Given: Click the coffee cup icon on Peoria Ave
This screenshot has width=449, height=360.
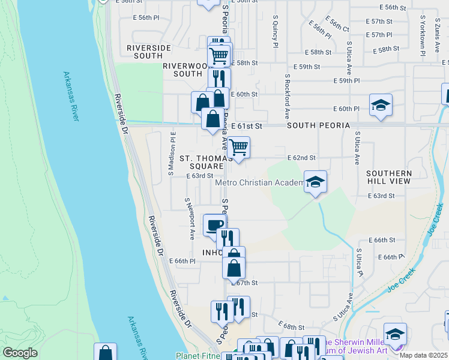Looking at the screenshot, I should click(215, 225).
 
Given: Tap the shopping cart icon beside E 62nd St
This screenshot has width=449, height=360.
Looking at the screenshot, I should click(239, 147).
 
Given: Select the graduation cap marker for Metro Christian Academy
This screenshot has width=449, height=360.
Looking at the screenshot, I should click(315, 182).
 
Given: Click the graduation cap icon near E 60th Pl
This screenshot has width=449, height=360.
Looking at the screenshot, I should click(381, 105).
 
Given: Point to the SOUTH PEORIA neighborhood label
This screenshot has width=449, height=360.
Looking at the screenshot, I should click(318, 125).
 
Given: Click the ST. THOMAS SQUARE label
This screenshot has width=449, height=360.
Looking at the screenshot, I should click(202, 162).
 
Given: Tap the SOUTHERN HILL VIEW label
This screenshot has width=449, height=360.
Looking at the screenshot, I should click(389, 177).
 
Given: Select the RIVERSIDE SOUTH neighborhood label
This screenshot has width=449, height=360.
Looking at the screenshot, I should click(149, 52).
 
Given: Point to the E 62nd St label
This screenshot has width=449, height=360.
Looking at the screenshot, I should click(301, 158).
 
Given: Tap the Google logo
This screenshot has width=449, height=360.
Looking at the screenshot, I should click(20, 353).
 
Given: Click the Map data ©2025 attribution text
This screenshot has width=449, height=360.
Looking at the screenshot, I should click(423, 355).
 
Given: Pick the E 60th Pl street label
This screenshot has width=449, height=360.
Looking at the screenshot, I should click(346, 109).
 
